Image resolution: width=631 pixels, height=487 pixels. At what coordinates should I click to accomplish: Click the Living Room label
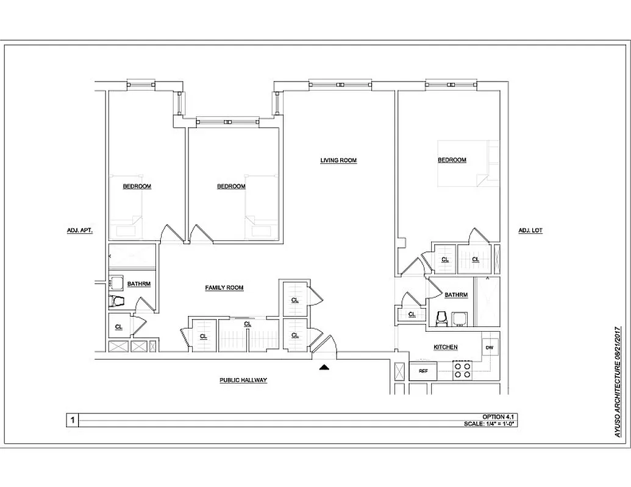(x=338, y=161)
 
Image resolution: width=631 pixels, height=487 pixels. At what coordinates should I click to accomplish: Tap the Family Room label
(x=224, y=287)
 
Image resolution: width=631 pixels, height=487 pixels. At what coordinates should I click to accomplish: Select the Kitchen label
(x=445, y=347)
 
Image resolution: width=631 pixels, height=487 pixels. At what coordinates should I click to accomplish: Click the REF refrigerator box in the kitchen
(x=422, y=371)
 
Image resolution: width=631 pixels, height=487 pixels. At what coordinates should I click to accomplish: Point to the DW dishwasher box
(x=490, y=348)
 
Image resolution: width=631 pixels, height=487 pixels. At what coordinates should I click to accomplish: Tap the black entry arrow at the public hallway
(x=324, y=366)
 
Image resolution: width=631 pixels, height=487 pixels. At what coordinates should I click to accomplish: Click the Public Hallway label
(x=243, y=380)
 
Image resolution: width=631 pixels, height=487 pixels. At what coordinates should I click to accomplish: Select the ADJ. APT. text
(x=79, y=231)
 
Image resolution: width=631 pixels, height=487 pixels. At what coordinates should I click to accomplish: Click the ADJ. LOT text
(x=530, y=231)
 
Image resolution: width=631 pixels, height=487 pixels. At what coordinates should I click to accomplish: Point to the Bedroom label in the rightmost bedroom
(x=452, y=160)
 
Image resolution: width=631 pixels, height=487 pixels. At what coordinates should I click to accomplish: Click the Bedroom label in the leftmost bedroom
(x=137, y=186)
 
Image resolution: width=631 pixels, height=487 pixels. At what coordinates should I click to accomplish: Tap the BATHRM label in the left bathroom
(x=138, y=284)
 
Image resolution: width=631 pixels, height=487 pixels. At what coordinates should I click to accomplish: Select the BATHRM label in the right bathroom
(x=456, y=295)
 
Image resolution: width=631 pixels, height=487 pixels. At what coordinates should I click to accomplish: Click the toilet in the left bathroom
(x=116, y=300)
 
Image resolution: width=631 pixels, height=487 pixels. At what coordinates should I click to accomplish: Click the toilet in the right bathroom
(x=442, y=318)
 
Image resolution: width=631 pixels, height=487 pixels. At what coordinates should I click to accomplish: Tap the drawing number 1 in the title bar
(x=73, y=419)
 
